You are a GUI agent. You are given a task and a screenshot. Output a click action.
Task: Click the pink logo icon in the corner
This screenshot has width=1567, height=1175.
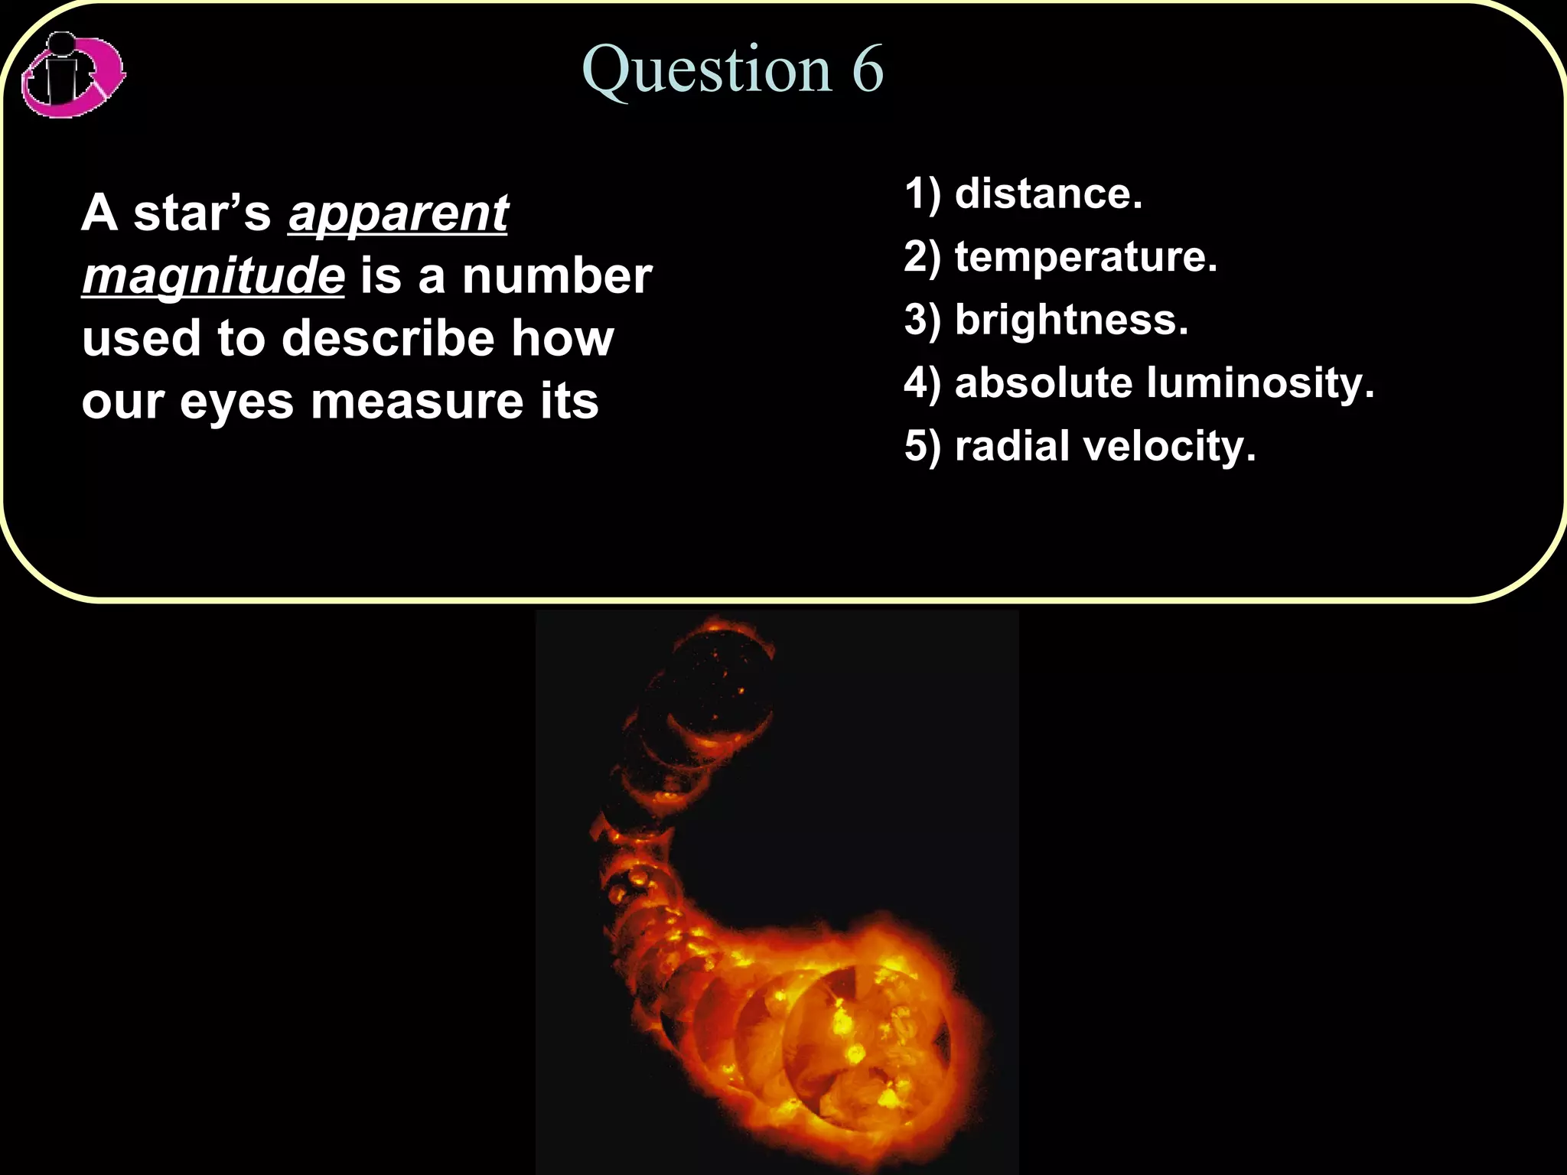tap(73, 75)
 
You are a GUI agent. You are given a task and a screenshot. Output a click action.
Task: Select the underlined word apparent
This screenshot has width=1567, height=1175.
tap(398, 213)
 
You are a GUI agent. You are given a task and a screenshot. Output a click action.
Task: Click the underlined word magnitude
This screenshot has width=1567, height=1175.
tap(213, 276)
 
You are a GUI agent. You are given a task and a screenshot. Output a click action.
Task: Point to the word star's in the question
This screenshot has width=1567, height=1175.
tap(202, 213)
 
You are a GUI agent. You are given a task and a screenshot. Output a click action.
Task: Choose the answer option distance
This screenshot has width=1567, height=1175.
tap(1048, 194)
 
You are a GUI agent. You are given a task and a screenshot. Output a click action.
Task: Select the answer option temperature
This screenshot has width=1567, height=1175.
tap(1085, 257)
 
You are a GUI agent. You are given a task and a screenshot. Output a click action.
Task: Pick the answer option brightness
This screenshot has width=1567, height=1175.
tap(1071, 320)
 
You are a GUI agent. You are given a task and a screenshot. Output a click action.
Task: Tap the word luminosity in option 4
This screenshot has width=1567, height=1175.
tap(1260, 382)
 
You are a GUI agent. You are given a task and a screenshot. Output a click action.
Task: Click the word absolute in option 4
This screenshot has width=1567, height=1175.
tap(1044, 382)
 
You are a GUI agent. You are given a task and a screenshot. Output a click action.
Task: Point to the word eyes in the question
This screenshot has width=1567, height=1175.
tap(236, 403)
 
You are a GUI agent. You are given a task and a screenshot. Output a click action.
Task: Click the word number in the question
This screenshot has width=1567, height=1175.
tap(557, 276)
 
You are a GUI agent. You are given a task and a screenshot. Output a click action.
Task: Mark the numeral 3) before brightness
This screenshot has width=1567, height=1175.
tap(922, 320)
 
